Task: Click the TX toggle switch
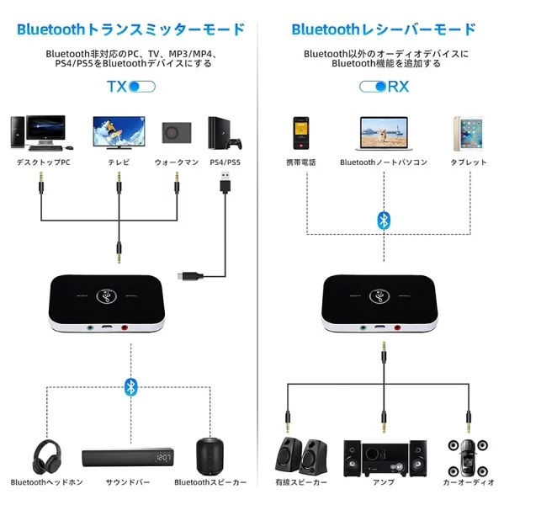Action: pyautogui.click(x=142, y=86)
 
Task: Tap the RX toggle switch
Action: pyautogui.click(x=372, y=86)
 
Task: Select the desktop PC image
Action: pyautogui.click(x=37, y=132)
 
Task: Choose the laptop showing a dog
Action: pyautogui.click(x=384, y=134)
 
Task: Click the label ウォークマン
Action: pyautogui.click(x=175, y=162)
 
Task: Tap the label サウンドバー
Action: pyautogui.click(x=128, y=483)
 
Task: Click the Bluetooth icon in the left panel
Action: pyautogui.click(x=130, y=386)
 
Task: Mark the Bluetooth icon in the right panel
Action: pyautogui.click(x=384, y=221)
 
